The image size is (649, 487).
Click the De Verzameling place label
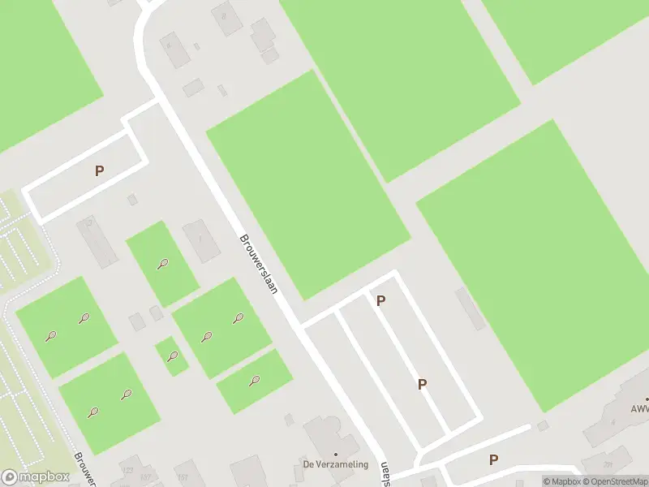pos(336,464)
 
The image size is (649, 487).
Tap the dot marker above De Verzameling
pos(336,455)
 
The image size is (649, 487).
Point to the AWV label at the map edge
pos(639,410)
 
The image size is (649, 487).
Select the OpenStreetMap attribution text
pos(614,481)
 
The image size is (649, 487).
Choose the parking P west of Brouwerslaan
pos(100,170)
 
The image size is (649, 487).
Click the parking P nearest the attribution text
pos(493,460)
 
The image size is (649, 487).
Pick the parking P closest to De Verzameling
pos(421,384)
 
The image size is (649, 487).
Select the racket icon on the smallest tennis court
pos(172,356)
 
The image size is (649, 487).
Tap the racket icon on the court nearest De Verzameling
pos(254,380)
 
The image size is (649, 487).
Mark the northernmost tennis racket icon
pos(164,263)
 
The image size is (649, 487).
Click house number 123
pos(127,470)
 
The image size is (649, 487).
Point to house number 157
pos(145,477)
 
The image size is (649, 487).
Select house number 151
pos(183,476)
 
